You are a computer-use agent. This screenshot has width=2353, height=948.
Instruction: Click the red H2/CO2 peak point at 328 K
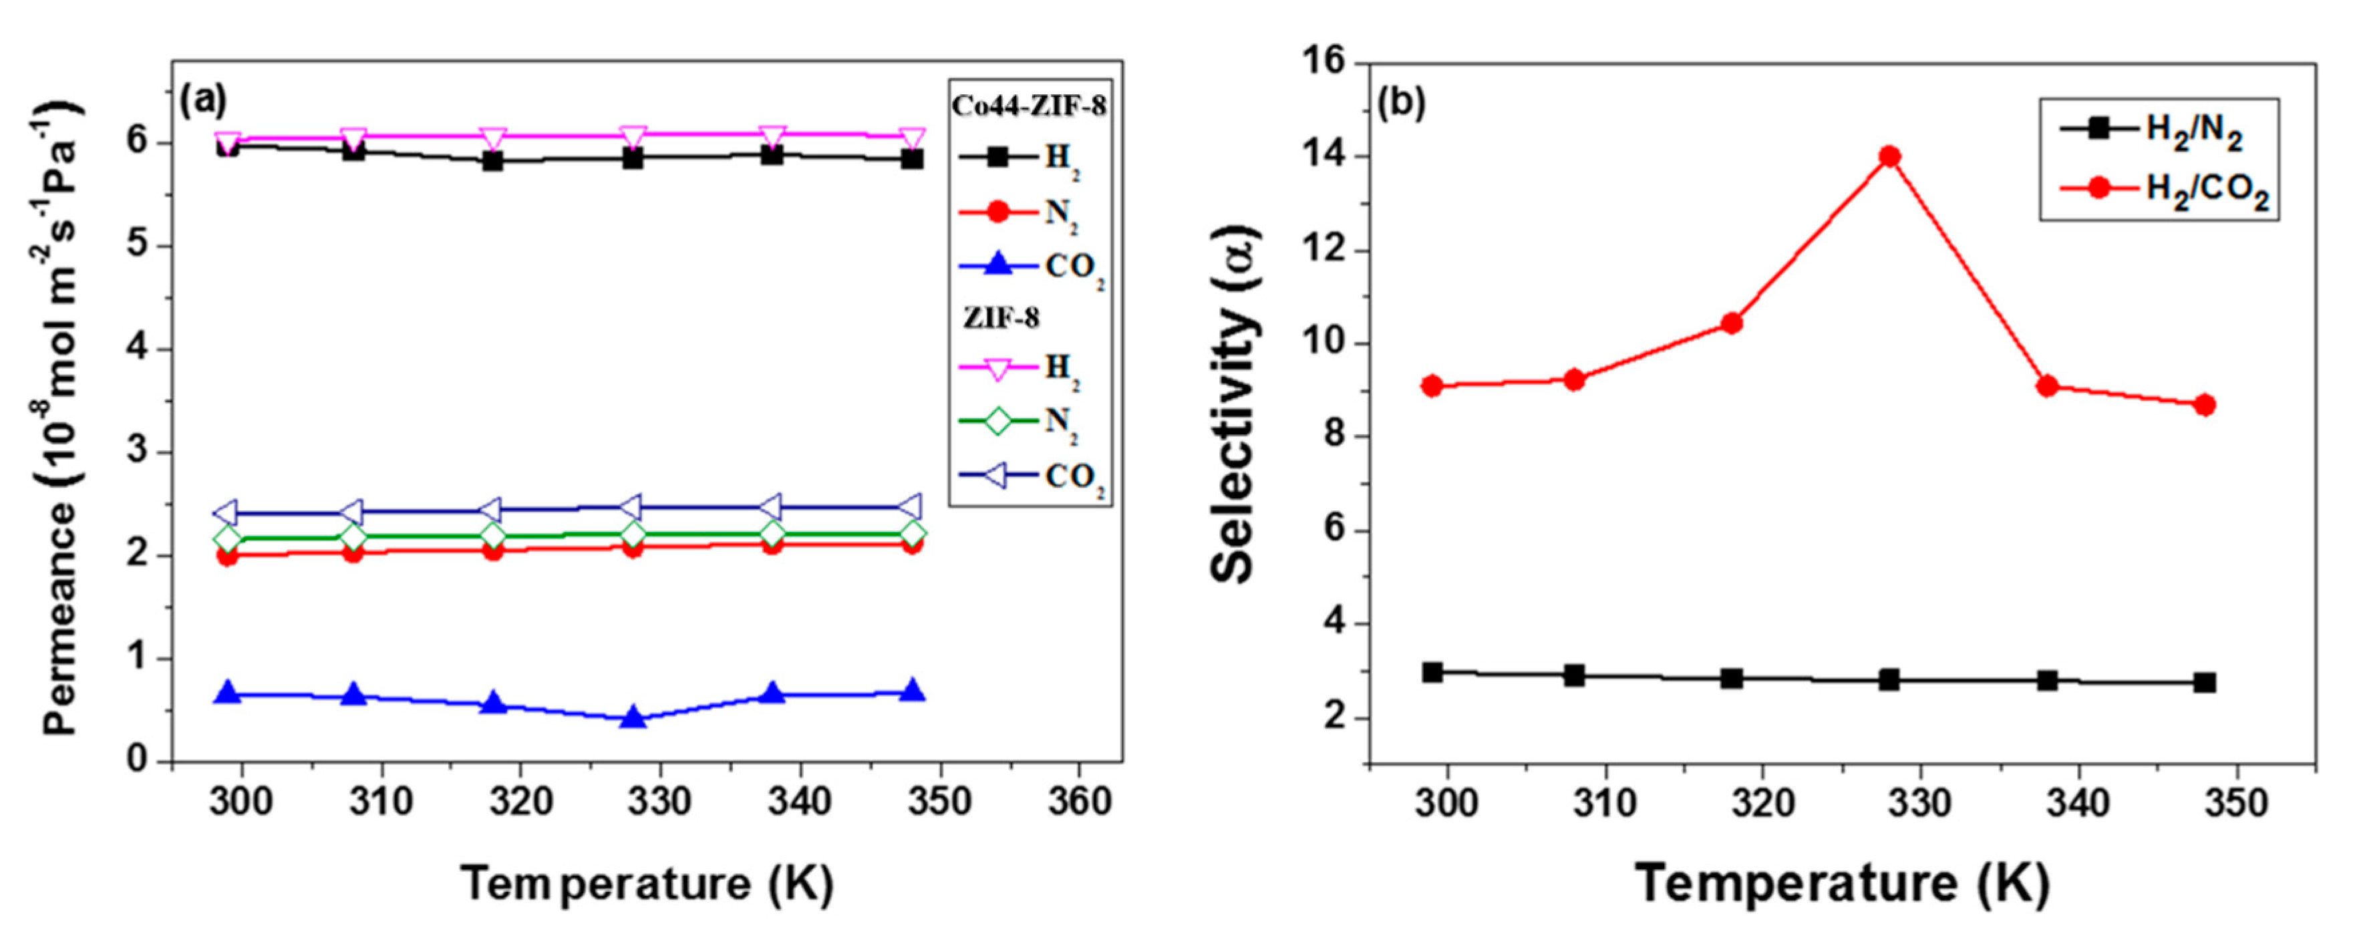1890,156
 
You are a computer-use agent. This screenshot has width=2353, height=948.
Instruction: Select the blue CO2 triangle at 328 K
632,718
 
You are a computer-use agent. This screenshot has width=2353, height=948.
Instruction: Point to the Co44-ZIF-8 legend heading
1029,106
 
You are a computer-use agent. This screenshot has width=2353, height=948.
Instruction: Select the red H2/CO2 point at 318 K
1732,323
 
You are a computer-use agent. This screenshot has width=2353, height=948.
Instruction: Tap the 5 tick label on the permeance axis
137,247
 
